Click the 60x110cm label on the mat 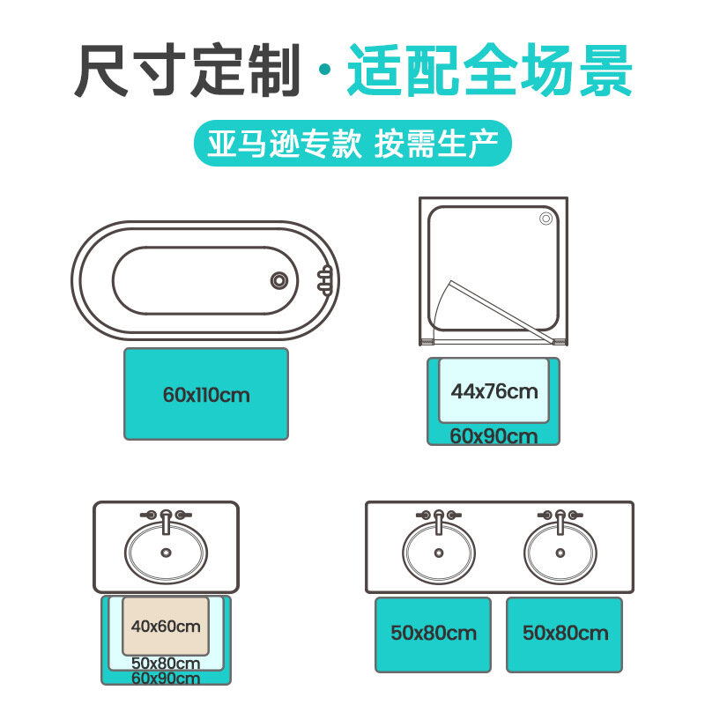tap(206, 395)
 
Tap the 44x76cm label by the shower tap(494, 390)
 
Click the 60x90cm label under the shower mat tap(493, 436)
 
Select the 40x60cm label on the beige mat tap(166, 627)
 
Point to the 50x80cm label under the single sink tap(166, 663)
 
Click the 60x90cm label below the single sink tap(166, 678)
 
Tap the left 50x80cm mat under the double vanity tap(433, 633)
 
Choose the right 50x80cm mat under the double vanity tap(564, 633)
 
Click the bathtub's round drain tap(278, 280)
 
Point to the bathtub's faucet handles tap(325, 279)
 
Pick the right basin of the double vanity tap(557, 553)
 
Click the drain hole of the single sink tap(166, 553)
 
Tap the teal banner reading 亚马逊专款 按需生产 tap(352, 143)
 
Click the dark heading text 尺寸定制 tap(189, 70)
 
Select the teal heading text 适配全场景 tap(489, 70)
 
